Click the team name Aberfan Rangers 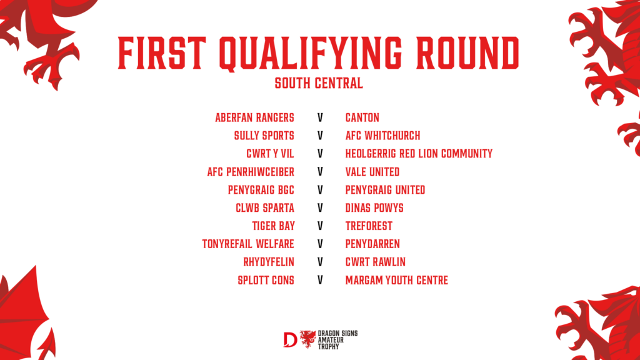255,117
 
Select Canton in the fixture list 362,117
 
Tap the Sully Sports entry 264,136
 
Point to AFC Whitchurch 383,136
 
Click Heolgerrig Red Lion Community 419,154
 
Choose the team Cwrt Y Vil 270,154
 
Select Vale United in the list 372,172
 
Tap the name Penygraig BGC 261,190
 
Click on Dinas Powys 374,207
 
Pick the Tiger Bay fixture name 274,226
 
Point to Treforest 369,226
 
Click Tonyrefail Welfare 248,244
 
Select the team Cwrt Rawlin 376,262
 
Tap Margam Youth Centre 397,280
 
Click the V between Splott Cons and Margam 320,280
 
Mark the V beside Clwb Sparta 320,207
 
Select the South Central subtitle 319,83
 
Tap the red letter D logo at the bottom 290,339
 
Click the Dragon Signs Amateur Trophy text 337,340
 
